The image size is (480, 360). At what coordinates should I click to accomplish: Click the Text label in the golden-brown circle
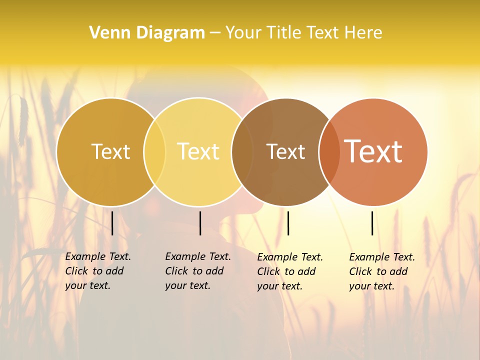[x=110, y=151]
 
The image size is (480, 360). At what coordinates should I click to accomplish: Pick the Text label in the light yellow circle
[x=198, y=151]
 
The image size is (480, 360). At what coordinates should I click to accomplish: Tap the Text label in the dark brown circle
[x=285, y=151]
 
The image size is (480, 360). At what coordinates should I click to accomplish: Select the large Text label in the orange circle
[x=373, y=151]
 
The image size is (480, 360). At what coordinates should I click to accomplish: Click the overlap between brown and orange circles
[x=328, y=151]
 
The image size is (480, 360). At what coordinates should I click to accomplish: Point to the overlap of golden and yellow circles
[x=154, y=151]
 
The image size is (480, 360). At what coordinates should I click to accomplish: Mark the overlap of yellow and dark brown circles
[x=242, y=151]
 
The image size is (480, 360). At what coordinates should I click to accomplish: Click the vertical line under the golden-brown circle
[x=112, y=223]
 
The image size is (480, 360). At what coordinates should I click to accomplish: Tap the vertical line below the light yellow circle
[x=200, y=223]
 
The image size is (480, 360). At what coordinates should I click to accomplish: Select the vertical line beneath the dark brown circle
[x=288, y=223]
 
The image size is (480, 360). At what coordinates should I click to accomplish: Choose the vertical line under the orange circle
[x=372, y=223]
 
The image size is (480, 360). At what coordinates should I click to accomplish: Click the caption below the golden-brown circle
[x=98, y=271]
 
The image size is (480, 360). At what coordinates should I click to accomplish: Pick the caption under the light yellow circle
[x=198, y=271]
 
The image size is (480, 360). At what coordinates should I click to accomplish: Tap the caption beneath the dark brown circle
[x=290, y=271]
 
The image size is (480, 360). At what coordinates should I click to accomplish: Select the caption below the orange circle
[x=382, y=271]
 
